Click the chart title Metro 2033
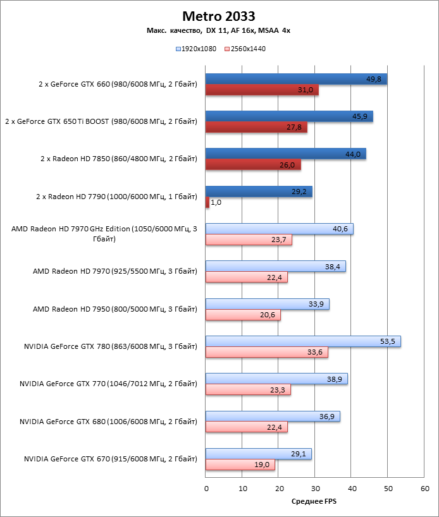(219, 16)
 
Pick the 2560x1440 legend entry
(244, 48)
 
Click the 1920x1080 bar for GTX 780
(303, 341)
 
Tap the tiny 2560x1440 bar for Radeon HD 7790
(207, 202)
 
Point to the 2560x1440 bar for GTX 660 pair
(262, 90)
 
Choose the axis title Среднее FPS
(315, 501)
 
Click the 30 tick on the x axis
(315, 489)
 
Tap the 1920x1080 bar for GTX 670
(259, 454)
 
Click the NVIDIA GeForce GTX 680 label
(108, 421)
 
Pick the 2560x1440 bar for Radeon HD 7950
(243, 315)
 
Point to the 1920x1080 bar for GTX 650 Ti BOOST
(289, 116)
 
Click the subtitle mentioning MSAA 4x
(219, 30)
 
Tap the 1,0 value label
(216, 203)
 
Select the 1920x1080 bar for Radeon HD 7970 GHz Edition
(280, 229)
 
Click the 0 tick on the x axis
(206, 489)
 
